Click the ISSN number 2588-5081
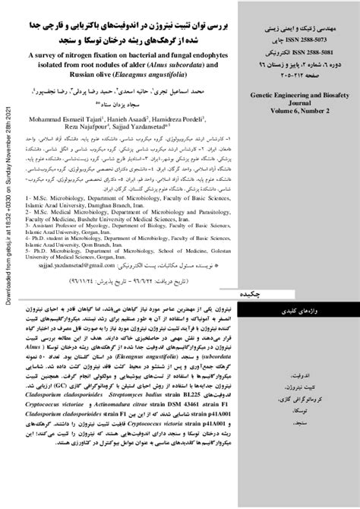point(302,55)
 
